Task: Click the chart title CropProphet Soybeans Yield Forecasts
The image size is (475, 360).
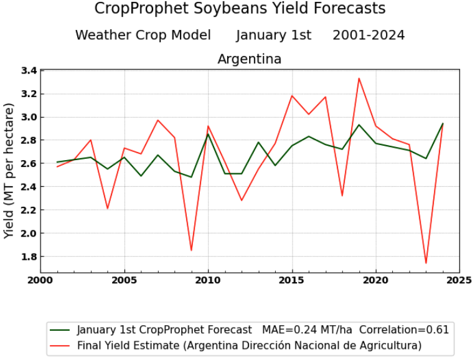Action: tap(240, 9)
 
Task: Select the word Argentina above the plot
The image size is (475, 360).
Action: tap(249, 59)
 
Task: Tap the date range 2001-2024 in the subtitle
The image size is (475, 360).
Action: tap(369, 35)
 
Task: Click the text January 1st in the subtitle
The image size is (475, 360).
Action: tap(273, 35)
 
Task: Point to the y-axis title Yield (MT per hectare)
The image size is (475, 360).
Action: tap(9, 171)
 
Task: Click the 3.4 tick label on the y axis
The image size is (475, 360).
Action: tap(28, 70)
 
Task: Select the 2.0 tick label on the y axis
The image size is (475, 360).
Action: tap(28, 234)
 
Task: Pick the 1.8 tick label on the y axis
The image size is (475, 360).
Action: tap(28, 257)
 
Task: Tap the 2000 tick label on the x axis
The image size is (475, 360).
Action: tap(41, 280)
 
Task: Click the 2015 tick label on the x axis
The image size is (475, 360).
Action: tap(292, 280)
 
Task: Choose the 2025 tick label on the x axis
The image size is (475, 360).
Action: tap(459, 280)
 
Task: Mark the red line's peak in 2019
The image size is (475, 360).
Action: tap(359, 78)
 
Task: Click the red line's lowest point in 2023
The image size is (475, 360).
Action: tap(426, 263)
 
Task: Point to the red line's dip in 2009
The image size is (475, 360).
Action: tap(191, 250)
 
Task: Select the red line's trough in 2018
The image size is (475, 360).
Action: tap(342, 196)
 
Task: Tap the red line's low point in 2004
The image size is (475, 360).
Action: tap(108, 209)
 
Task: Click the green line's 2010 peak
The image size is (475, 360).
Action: tap(208, 134)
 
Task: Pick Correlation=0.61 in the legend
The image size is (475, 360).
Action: tap(404, 329)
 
